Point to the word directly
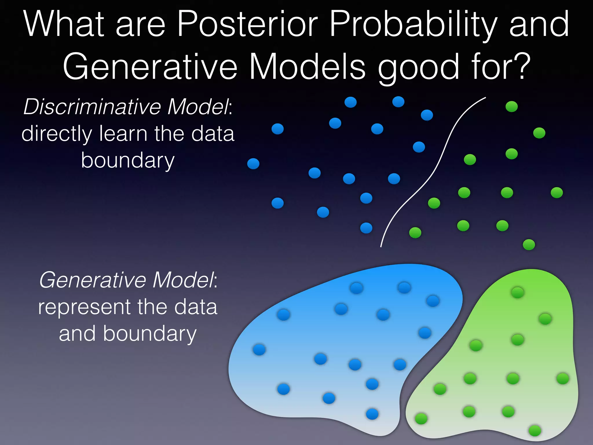point(57,134)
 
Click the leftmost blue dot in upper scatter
point(253,164)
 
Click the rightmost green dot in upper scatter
point(557,193)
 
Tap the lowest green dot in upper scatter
point(529,245)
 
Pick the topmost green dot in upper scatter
point(512,107)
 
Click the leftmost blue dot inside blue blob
point(259,349)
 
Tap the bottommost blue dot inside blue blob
point(372,414)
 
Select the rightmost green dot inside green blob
point(563,378)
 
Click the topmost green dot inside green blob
point(517,292)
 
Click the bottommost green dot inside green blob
point(535,431)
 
